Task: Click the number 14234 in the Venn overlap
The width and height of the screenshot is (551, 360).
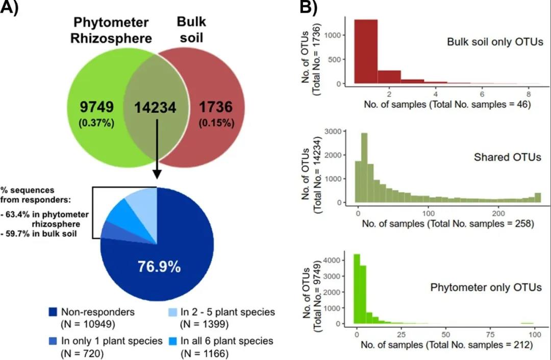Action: click(x=156, y=108)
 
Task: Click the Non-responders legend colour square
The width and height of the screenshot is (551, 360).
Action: click(x=53, y=311)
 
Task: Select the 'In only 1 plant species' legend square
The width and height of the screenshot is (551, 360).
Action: click(x=53, y=341)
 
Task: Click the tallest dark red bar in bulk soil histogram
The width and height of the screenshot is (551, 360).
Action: click(x=365, y=51)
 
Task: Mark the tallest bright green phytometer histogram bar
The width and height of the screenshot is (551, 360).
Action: click(x=357, y=289)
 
